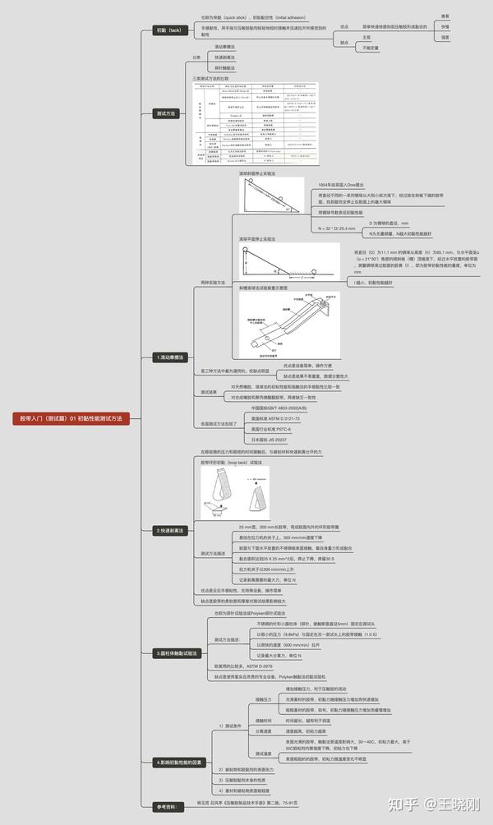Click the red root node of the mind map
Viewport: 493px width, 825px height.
tap(71, 418)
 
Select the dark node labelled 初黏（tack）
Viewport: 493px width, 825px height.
tap(170, 30)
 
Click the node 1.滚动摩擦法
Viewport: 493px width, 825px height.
tap(170, 357)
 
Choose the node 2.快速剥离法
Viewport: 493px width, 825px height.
tap(170, 530)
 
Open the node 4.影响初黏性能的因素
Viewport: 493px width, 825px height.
tap(177, 762)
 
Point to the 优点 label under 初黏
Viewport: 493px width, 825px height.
tap(343, 26)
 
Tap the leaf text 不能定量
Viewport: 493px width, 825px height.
tap(371, 48)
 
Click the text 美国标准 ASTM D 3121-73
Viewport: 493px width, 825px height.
tap(275, 418)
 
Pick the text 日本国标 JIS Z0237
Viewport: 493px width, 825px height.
tap(269, 440)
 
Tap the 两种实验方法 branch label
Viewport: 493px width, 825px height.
tap(213, 282)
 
